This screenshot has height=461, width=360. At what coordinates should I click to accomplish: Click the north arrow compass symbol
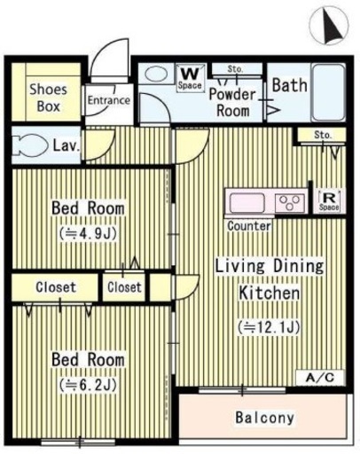point(329,26)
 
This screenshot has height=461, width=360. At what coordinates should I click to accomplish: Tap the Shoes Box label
point(49,98)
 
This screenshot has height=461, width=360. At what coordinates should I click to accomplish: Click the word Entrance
point(109,100)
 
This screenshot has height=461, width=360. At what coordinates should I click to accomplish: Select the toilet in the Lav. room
point(30,145)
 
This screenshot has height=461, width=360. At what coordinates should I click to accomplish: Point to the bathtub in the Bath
point(329,92)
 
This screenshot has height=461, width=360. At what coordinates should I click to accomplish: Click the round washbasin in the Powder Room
point(156,74)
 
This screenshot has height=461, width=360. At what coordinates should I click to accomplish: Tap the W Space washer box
point(191,79)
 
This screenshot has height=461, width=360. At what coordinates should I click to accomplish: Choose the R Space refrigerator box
point(329,201)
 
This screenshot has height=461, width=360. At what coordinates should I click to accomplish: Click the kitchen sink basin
point(247,203)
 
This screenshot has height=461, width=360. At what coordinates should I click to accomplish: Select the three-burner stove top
point(289,203)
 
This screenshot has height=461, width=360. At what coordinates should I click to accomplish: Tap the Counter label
point(249,226)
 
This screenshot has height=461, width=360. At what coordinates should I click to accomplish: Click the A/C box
point(320,378)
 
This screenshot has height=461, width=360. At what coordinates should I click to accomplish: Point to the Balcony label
point(265,418)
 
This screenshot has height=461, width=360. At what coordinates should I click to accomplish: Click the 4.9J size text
point(88,233)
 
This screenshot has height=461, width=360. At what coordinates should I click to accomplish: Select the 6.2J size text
point(88,385)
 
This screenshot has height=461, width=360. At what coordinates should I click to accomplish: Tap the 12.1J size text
point(270,326)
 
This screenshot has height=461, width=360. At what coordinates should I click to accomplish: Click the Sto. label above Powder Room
point(235,69)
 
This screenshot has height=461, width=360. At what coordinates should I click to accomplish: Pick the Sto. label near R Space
point(323,135)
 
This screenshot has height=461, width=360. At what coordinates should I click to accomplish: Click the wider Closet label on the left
point(56,287)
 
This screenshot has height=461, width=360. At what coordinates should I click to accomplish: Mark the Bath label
point(290,85)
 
